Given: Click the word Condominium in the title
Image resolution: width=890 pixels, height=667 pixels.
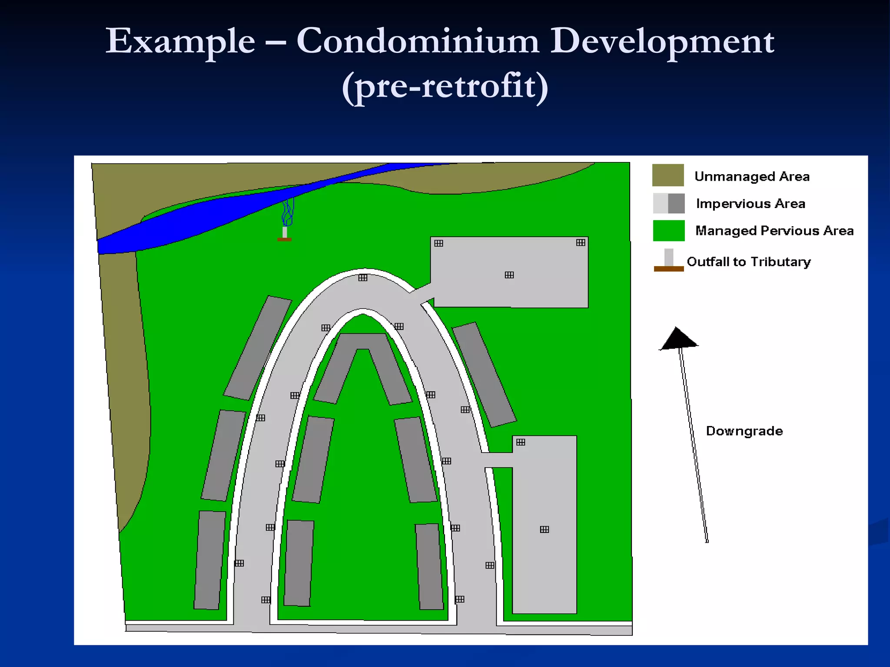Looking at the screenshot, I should pos(418,42).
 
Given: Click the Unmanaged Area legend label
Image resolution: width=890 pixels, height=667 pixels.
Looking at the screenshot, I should pos(752,177).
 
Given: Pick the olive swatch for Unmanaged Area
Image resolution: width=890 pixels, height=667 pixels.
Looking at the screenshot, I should pos(668,175).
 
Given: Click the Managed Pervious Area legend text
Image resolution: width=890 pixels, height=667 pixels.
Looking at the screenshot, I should pos(774,231).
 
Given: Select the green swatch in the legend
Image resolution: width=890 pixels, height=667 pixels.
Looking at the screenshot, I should pos(668,231).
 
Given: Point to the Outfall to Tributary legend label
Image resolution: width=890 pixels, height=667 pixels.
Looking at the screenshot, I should pos(749,262).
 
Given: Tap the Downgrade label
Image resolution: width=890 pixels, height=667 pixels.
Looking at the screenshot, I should pos(744,431).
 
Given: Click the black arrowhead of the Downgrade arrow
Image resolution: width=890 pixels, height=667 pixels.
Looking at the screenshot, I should pos(678,339).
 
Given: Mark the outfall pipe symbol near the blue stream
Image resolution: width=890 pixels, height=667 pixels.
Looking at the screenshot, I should pos(285,234).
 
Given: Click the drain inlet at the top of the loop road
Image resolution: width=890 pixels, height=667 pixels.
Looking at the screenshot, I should pos(363,277).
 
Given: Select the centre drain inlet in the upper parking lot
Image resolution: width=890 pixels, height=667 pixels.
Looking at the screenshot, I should pos(509,275).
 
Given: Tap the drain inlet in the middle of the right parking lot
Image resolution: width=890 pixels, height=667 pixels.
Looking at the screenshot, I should pos(545,529).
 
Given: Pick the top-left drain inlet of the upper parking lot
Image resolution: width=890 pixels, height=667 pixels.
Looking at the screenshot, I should pos(439,243).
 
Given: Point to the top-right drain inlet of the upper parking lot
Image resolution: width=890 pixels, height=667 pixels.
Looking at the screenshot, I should pos(581,243).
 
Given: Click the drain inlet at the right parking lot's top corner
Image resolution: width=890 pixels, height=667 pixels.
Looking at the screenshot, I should pos(521,442).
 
